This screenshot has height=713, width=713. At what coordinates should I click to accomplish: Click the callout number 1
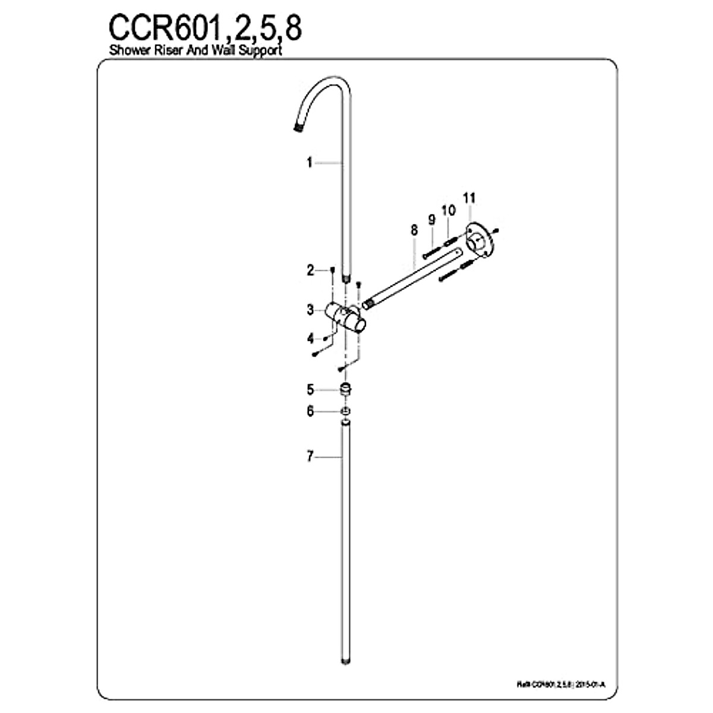tap(310, 162)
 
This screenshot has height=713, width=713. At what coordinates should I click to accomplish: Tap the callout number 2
tap(310, 271)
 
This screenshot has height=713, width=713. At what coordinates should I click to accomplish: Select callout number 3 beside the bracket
tap(310, 310)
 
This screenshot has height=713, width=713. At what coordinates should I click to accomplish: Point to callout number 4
tap(310, 338)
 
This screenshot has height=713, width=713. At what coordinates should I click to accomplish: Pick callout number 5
tap(310, 390)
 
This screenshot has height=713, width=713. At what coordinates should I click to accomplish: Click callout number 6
tap(310, 411)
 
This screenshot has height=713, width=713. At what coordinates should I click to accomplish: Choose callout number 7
tap(310, 457)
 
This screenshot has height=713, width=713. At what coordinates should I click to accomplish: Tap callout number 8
tap(415, 229)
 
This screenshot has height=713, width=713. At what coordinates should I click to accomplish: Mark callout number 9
tap(432, 219)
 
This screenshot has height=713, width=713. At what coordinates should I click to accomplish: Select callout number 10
tap(449, 210)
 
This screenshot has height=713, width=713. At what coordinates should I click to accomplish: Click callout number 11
tap(469, 197)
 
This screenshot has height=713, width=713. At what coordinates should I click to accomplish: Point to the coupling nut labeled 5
tap(345, 390)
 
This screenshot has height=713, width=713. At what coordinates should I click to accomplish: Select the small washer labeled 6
tap(345, 411)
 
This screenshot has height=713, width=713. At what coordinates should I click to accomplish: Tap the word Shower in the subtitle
tap(129, 51)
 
